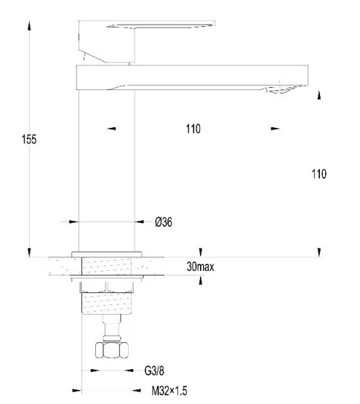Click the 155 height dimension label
(x=29, y=139)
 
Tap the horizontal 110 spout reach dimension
(x=193, y=129)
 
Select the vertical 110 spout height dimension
(x=319, y=174)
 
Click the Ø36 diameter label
(x=164, y=222)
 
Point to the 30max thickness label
(x=201, y=267)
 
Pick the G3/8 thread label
(x=154, y=371)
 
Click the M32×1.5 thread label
(x=169, y=391)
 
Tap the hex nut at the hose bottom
(x=112, y=350)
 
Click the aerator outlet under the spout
(x=278, y=90)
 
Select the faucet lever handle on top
(x=146, y=41)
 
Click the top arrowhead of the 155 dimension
(x=29, y=25)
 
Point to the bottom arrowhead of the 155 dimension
(x=29, y=252)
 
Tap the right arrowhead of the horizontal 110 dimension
(x=276, y=129)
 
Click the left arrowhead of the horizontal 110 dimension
(x=111, y=129)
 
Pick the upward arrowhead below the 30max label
(x=201, y=280)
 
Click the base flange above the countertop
(x=106, y=254)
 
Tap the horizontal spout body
(x=192, y=77)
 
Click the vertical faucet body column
(x=106, y=171)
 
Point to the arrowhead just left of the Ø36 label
(x=140, y=222)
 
